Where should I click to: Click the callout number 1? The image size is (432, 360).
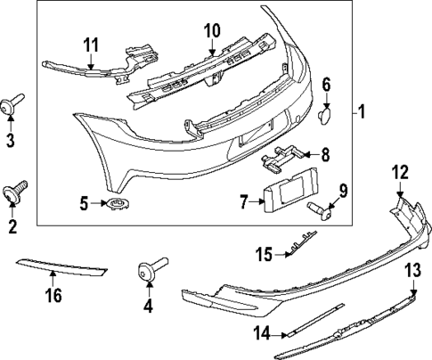pos(361,112)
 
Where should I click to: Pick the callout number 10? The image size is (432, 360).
pos(211,31)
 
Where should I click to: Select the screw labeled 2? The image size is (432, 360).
pos(16,191)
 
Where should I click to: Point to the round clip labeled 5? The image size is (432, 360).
pos(115,205)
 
